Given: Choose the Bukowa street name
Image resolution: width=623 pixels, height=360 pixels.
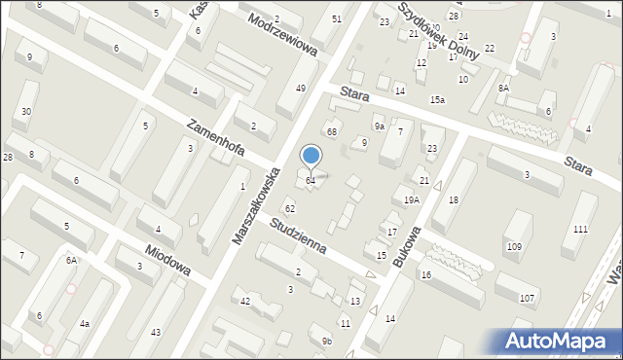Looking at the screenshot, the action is click(406, 248).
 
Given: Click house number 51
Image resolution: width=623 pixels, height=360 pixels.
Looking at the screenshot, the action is click(337, 19).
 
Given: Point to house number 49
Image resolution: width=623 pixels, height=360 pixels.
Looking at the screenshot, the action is click(301, 89).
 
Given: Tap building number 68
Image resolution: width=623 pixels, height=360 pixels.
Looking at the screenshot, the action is click(332, 131).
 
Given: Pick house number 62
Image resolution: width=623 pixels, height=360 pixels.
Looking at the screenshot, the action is click(289, 209).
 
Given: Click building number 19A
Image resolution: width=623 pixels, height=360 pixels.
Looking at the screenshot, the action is click(412, 200).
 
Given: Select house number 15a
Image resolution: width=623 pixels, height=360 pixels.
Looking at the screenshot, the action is click(438, 100).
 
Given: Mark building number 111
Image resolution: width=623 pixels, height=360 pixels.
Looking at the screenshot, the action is click(580, 229).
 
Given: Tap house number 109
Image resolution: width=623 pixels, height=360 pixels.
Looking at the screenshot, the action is click(514, 247).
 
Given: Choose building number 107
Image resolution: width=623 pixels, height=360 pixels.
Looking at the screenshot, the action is click(528, 298).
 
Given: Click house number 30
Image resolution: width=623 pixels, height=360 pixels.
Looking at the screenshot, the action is click(26, 112).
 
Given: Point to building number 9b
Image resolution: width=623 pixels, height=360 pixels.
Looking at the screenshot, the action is click(327, 341).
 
